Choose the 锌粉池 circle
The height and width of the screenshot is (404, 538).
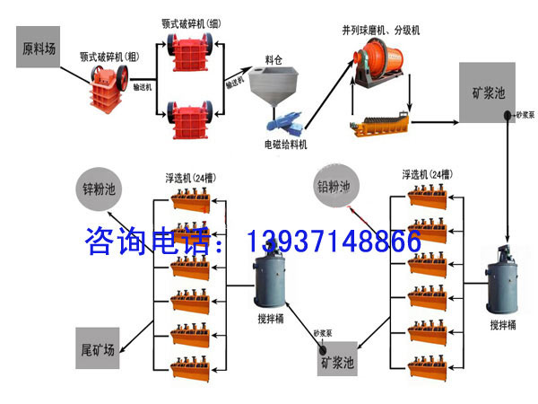(100, 190)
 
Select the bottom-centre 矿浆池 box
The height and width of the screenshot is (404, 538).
(337, 359)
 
